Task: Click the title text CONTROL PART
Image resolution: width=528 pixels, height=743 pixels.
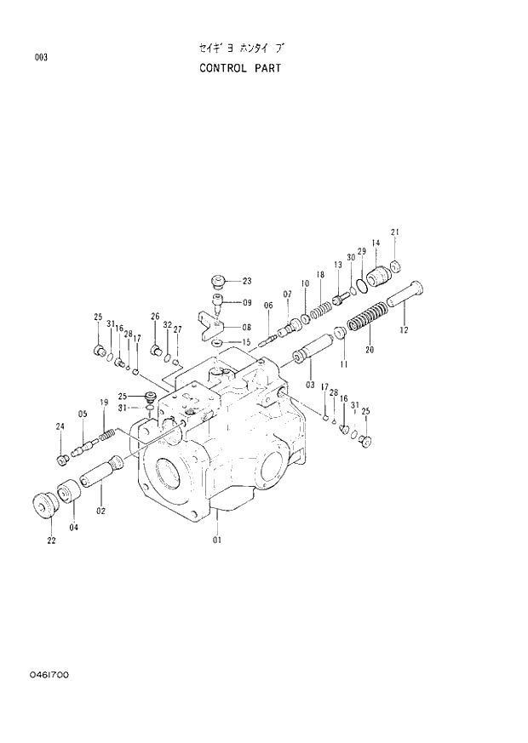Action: pos(240,68)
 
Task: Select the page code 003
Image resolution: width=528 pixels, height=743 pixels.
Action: pos(40,58)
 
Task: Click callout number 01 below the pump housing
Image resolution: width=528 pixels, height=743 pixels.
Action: pos(216,540)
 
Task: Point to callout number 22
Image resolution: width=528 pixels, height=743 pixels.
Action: pos(51,540)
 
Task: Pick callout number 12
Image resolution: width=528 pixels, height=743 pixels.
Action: pos(404,329)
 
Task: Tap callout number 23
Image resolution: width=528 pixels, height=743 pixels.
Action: pos(247,281)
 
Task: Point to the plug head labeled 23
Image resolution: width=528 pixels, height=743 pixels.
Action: pos(218,281)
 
